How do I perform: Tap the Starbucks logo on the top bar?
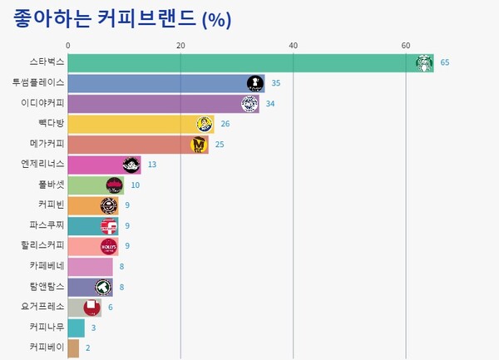[424, 63]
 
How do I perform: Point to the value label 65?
[445, 63]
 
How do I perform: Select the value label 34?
[270, 104]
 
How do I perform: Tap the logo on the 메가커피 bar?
[199, 145]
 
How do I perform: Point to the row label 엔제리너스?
[42, 165]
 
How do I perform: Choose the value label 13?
[152, 165]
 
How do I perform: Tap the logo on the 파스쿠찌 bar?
[109, 225]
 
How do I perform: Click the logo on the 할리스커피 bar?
[109, 246]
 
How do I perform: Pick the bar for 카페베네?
[90, 267]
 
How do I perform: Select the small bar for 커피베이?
[73, 348]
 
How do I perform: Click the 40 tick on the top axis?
[293, 46]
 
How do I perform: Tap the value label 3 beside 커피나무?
[93, 328]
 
